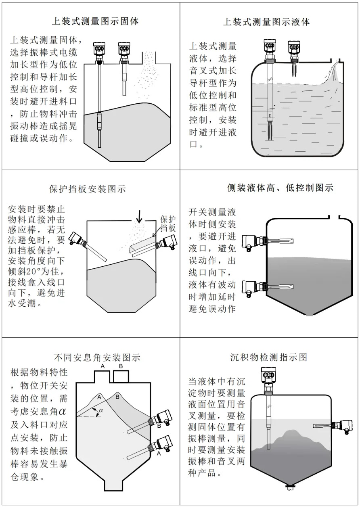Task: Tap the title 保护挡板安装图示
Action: point(87,189)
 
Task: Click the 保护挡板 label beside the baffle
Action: point(168,224)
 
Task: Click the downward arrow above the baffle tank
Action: point(139,217)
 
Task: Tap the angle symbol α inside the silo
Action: point(101,410)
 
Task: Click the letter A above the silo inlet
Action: point(103,366)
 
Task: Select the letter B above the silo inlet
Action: point(121,366)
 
